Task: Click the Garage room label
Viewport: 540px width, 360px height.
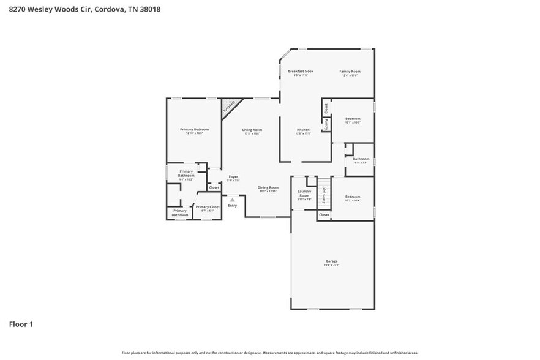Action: pos(331,261)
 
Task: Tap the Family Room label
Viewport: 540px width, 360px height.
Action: pos(350,72)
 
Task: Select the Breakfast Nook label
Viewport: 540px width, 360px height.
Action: pos(301,72)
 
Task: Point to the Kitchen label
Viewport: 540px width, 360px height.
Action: pos(303,130)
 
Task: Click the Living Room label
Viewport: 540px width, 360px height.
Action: pos(252,130)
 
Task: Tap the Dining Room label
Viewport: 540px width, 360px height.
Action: pos(268,187)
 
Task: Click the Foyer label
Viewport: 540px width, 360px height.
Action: pos(233,177)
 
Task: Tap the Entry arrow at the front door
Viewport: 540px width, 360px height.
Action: pos(232,200)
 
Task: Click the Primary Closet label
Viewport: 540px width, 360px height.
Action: pos(208,207)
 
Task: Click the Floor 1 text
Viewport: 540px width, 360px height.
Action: pos(21,324)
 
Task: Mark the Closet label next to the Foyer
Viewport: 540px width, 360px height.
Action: pos(214,187)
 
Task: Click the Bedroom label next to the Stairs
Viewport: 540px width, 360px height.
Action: pos(352,197)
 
